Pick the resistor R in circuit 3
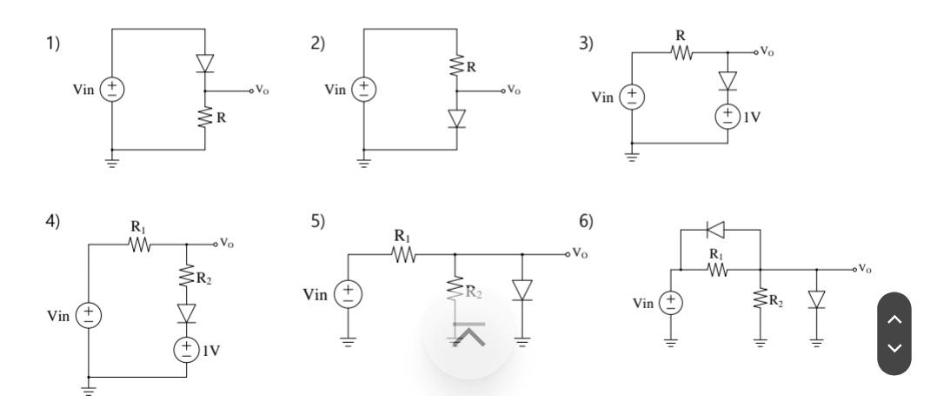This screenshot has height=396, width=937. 681,53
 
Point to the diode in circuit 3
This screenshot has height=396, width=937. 728,80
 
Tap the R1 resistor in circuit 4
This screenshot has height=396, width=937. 139,245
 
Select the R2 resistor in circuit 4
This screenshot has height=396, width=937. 186,279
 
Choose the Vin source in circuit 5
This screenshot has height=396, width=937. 349,293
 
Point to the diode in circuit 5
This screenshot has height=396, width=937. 522,291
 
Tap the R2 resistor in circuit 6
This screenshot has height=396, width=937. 761,300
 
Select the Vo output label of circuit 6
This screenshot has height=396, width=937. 865,270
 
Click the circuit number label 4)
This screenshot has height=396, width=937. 54,222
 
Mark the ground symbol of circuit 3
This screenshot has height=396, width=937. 632,157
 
